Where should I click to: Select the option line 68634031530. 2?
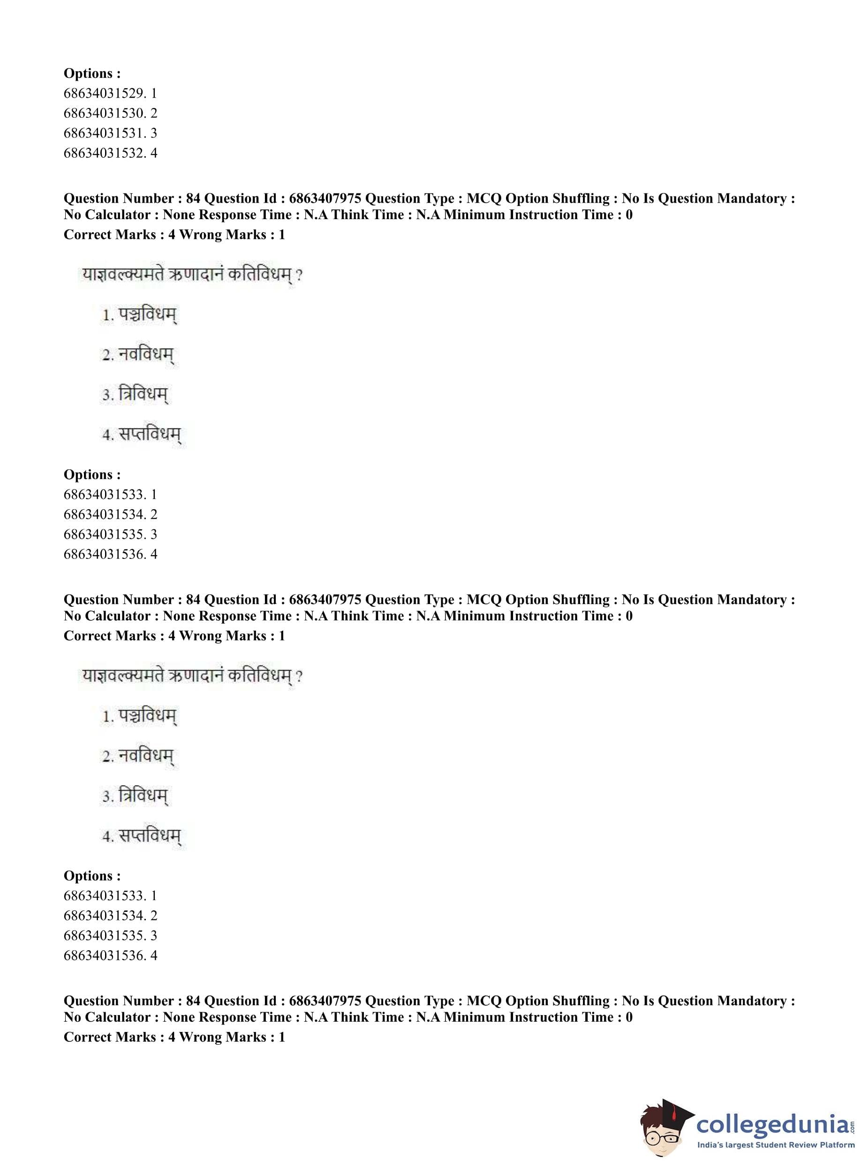point(110,113)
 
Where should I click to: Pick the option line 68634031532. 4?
point(110,153)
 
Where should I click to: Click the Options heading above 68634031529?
point(92,74)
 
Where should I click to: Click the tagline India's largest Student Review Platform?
point(776,1145)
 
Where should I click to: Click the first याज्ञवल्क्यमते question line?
point(191,275)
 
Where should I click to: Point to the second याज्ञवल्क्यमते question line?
point(191,676)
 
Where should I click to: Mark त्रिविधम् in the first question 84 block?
point(143,395)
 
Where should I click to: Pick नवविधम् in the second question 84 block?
point(145,756)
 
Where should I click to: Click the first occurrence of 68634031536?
point(104,554)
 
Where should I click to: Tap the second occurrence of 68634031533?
point(104,895)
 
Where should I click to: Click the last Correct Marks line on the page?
point(174,1037)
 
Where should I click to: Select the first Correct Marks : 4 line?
point(174,235)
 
